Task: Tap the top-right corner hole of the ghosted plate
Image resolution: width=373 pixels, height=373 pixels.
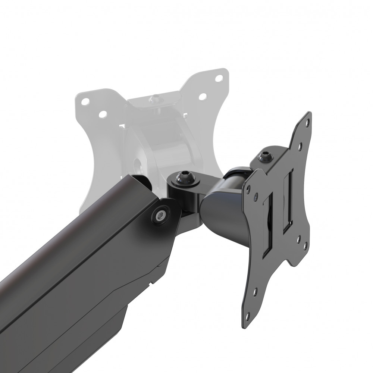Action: click(x=219, y=78)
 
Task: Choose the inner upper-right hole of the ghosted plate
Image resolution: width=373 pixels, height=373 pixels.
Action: click(x=203, y=96)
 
